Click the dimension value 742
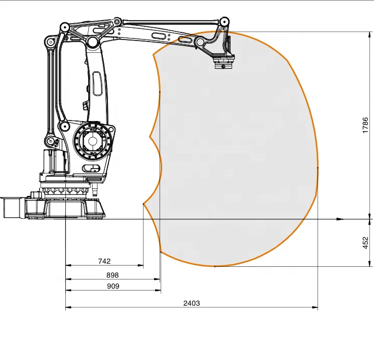pyautogui.click(x=104, y=261)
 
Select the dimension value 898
pyautogui.click(x=112, y=275)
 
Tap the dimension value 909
pyautogui.click(x=113, y=286)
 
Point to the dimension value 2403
pyautogui.click(x=192, y=303)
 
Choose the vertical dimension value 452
pyautogui.click(x=365, y=243)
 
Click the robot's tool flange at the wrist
pyautogui.click(x=223, y=63)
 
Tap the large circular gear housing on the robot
pyautogui.click(x=93, y=140)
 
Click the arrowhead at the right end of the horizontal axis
pyautogui.click(x=340, y=219)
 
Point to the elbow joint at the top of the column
pyautogui.click(x=92, y=41)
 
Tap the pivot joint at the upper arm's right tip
pyautogui.click(x=223, y=22)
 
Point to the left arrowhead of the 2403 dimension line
pyautogui.click(x=68, y=307)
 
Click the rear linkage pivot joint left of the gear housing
pyautogui.click(x=64, y=127)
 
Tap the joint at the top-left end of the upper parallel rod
pyautogui.click(x=117, y=22)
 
